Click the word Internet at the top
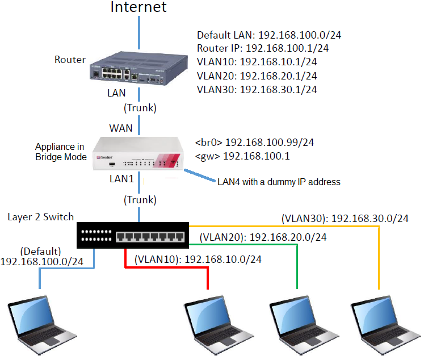click(138, 7)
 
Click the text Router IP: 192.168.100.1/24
click(262, 48)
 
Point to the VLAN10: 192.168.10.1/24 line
click(257, 62)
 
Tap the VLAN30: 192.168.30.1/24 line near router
click(257, 89)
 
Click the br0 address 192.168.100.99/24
click(255, 142)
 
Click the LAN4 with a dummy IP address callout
click(278, 182)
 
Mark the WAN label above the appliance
click(121, 128)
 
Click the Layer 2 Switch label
click(41, 217)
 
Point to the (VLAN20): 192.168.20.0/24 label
click(262, 237)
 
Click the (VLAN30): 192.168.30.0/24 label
click(345, 217)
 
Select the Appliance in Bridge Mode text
click(60, 152)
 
